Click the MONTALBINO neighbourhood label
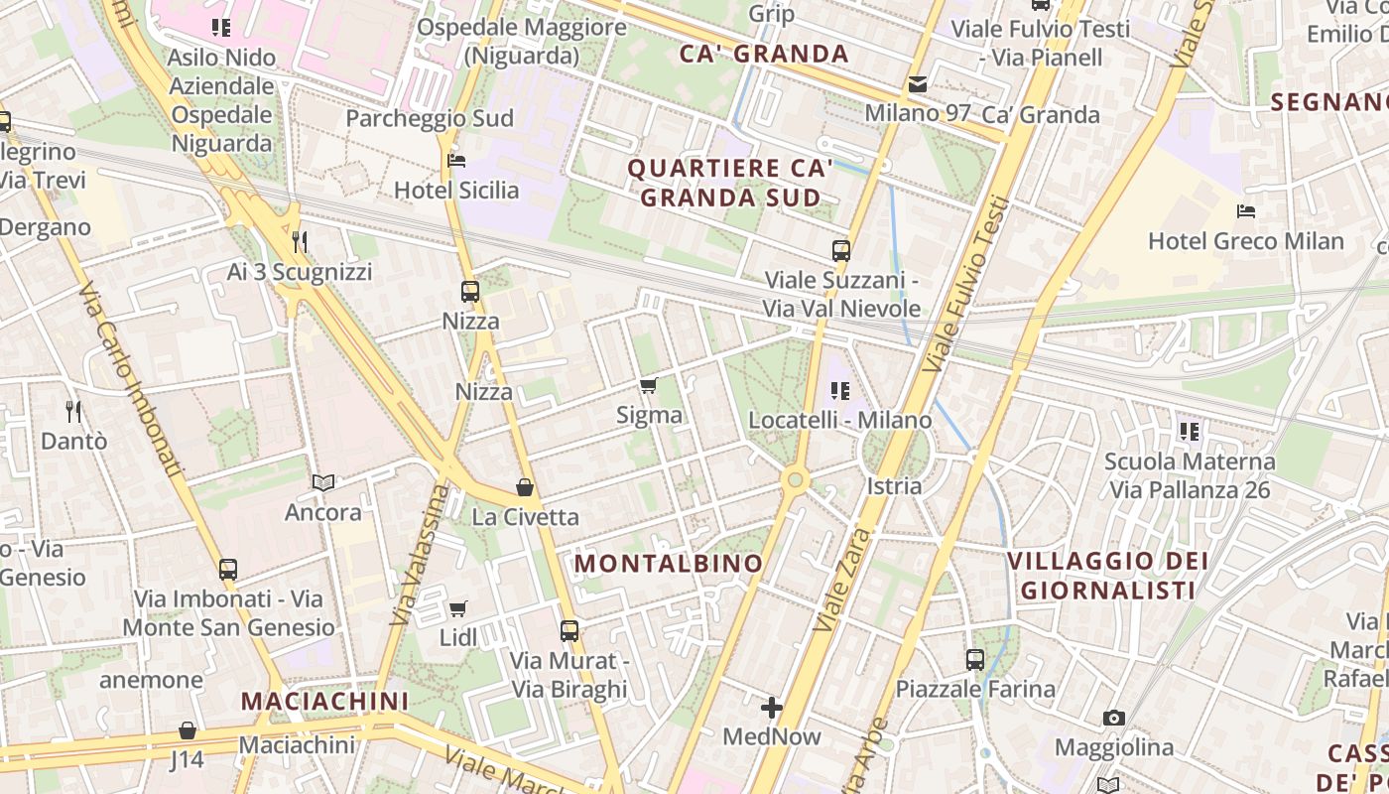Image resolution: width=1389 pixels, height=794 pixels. coord(669,564)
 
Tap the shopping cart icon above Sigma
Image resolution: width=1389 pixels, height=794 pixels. coord(649,385)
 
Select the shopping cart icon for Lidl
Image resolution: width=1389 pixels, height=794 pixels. coord(457,608)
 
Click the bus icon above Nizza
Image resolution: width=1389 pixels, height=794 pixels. coord(470,292)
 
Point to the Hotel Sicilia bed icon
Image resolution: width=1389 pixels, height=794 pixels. coord(456,160)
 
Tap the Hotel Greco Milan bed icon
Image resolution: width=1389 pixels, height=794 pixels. coord(1246,210)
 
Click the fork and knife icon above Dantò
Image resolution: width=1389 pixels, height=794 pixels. coord(72,410)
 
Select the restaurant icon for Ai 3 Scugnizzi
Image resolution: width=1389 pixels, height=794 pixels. coord(300,241)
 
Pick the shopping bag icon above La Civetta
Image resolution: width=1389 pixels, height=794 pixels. coord(525,487)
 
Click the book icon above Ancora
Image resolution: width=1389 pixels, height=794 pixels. coord(323,482)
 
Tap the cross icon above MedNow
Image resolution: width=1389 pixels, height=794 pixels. coord(772,708)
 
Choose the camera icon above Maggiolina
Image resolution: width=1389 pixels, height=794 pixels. coord(1114,718)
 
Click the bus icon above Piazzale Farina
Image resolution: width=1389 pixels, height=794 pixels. coord(975,659)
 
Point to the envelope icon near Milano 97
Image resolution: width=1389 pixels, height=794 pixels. coord(918,84)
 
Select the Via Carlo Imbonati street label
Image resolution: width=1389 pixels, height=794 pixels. coord(131,378)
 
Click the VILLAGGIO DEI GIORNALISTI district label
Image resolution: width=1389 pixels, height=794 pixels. coord(1107,576)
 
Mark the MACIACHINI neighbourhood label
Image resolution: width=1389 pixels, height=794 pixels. coord(324,701)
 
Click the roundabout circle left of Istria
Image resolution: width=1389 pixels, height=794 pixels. coord(794,480)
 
